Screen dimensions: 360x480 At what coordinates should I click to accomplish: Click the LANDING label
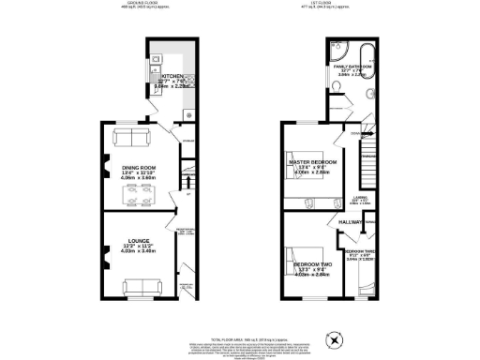tap(371, 196)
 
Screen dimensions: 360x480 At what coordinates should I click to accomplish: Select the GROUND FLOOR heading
tap(141, 4)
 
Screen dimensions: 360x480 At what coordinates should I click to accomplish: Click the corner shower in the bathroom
tap(337, 51)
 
